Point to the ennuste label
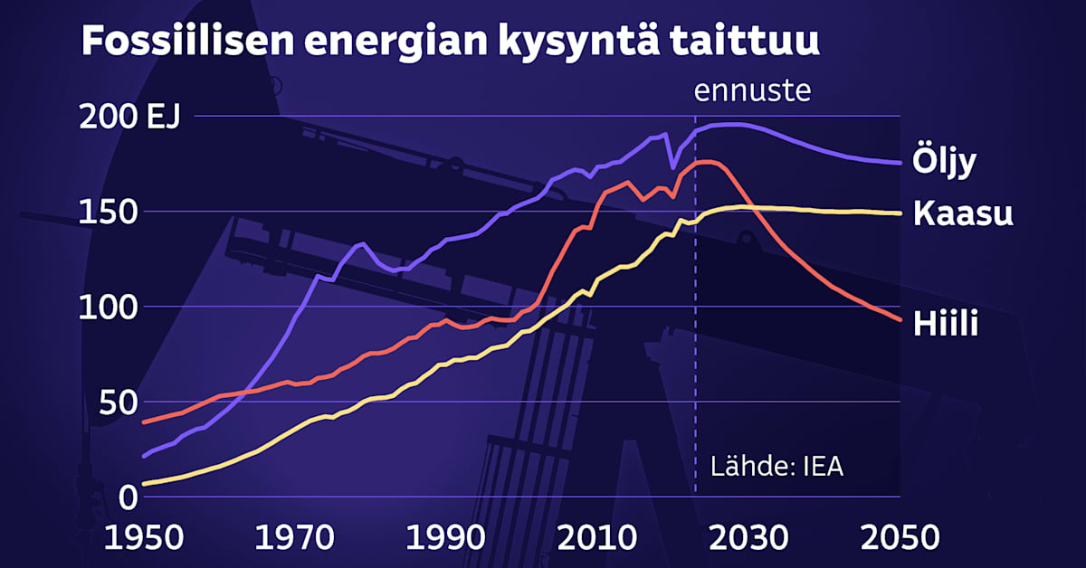pos(751,91)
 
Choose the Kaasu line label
pos(962,214)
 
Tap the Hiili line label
pos(946,324)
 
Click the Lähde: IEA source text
pos(776,467)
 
